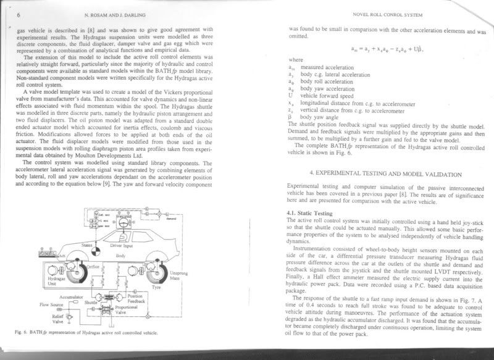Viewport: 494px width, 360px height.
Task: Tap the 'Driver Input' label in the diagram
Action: (x=121, y=246)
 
